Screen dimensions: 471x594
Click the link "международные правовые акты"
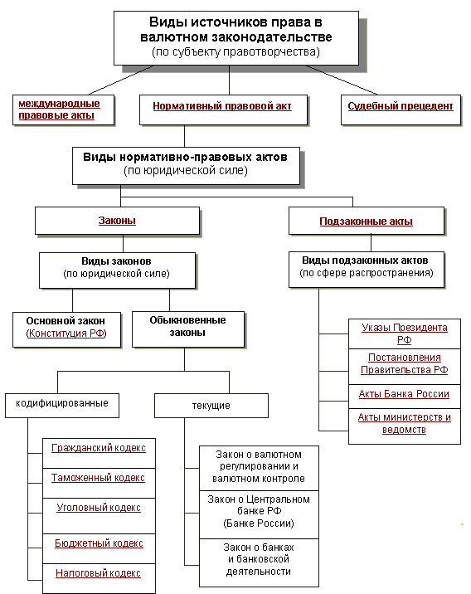pos(59,110)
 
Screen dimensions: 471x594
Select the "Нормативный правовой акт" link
pos(222,106)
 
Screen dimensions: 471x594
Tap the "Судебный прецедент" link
pos(401,106)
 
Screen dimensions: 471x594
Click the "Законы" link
pos(117,221)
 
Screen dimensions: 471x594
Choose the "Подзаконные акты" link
pos(367,222)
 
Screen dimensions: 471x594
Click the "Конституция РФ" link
pos(66,334)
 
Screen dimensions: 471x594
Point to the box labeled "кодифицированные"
pos(62,406)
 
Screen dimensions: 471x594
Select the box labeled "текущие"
pos(211,406)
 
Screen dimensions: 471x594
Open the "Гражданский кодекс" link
pos(99,448)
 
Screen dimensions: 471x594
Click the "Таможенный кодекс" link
pos(98,478)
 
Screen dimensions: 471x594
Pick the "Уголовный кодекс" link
pos(99,508)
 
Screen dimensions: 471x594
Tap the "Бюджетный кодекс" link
pos(99,543)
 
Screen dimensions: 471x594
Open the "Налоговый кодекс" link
pos(98,573)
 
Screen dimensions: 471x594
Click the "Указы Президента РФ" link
pos(405,334)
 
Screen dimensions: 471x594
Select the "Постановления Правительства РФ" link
pos(405,363)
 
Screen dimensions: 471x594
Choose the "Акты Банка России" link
pos(404,394)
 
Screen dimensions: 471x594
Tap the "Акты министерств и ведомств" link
pos(405,423)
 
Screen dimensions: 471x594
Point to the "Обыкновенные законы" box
pos(188,329)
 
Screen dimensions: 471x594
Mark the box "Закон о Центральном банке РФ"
pos(259,514)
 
